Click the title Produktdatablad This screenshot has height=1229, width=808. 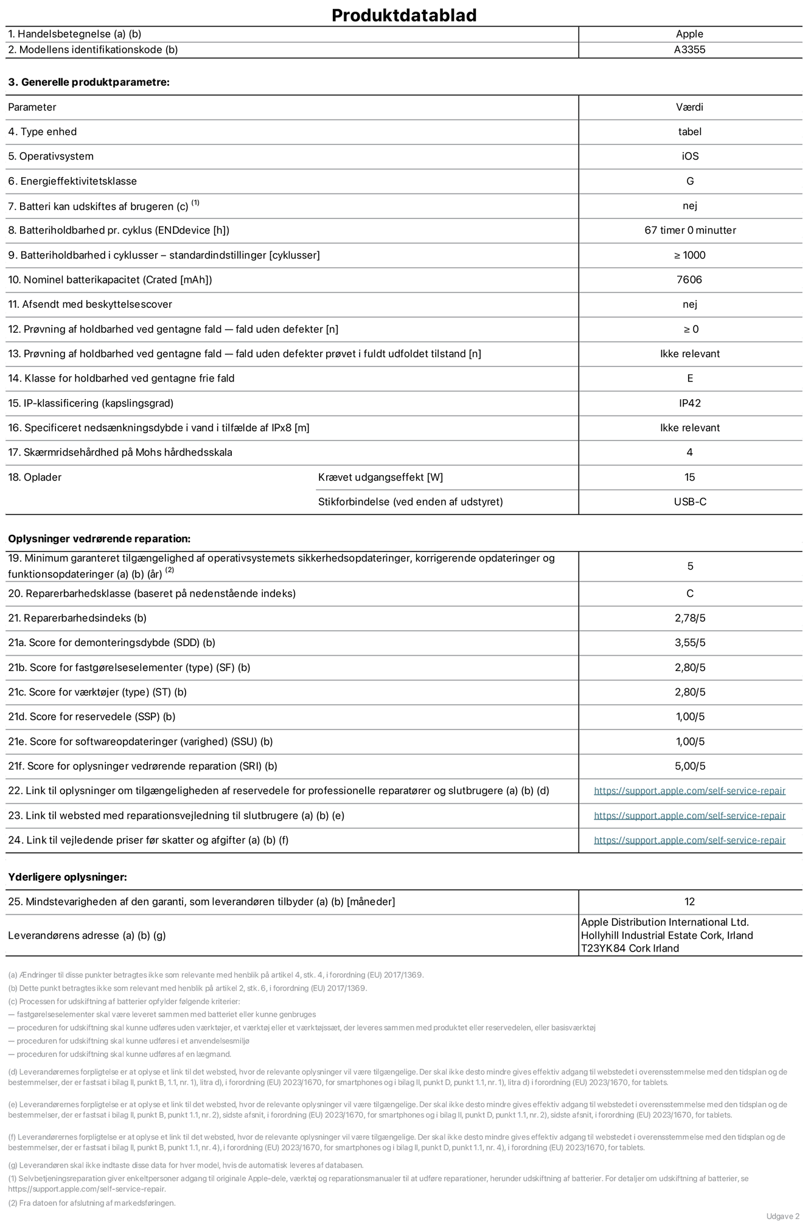404,15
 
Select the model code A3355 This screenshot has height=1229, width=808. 689,50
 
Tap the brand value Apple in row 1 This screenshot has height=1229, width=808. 689,34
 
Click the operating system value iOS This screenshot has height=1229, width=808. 689,156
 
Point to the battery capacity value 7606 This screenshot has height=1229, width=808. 689,280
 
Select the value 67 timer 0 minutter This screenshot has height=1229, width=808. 689,231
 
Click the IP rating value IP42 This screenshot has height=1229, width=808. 689,403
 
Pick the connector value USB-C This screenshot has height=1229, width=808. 689,502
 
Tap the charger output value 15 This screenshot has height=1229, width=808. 689,478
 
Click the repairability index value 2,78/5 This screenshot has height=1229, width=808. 689,618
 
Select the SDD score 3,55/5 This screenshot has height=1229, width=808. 689,643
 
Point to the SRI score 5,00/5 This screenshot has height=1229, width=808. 689,767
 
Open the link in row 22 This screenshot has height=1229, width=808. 689,791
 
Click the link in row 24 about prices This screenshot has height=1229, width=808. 689,840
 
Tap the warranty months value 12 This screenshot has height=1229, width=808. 689,902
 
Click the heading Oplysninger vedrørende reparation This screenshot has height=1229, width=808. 99,539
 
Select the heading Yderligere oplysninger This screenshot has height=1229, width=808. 68,877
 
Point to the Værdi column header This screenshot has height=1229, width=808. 689,107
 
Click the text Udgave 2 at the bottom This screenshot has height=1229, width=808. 782,1216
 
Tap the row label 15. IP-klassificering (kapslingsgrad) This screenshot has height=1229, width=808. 91,403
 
